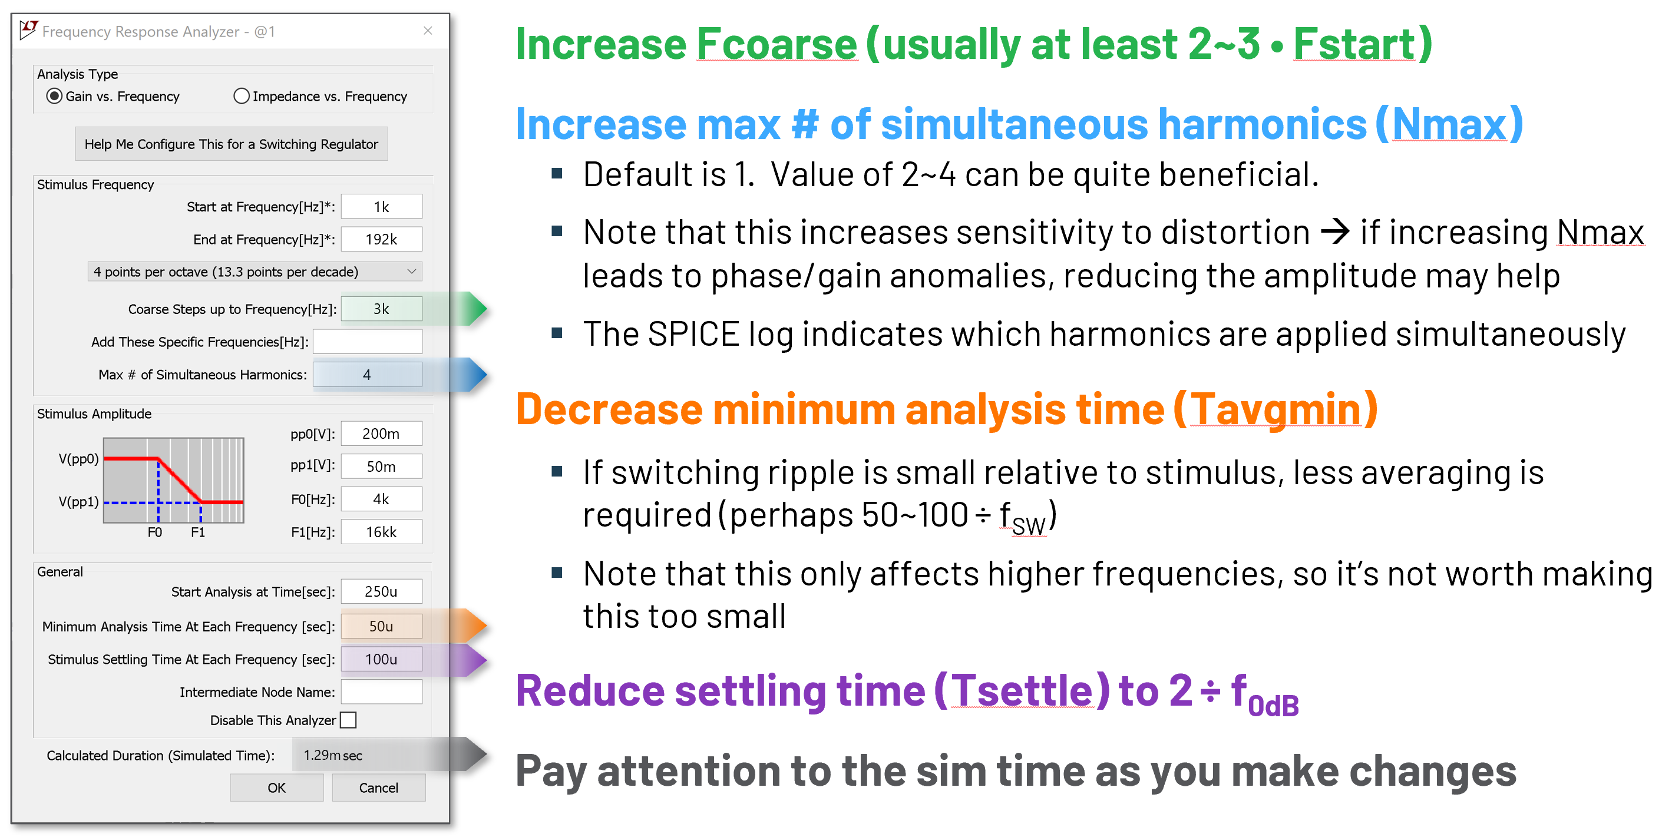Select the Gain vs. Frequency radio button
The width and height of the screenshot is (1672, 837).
[x=55, y=96]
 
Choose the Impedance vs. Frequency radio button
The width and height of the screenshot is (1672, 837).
[x=242, y=96]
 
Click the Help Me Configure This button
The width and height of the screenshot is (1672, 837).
[x=231, y=144]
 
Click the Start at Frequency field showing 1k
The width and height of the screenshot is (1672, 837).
[x=382, y=207]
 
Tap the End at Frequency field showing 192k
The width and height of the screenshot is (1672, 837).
[x=382, y=239]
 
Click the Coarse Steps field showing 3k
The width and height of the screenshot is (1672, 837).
[x=382, y=309]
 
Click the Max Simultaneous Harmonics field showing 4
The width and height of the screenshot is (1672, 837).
[x=368, y=375]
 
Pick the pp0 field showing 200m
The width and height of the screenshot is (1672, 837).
[x=382, y=434]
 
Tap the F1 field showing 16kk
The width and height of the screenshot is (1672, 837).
[x=382, y=532]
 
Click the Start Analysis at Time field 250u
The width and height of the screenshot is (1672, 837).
[x=382, y=592]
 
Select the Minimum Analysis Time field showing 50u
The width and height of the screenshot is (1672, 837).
[x=382, y=627]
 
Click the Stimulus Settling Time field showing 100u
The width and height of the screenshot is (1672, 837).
[x=382, y=659]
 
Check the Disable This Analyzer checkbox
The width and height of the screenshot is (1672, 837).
[x=349, y=720]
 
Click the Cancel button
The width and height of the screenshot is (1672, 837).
[x=379, y=788]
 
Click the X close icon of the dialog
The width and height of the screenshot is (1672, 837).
[x=428, y=31]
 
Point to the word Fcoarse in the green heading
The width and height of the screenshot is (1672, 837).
[x=777, y=44]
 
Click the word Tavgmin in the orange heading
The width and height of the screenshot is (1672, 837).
[x=1276, y=410]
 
